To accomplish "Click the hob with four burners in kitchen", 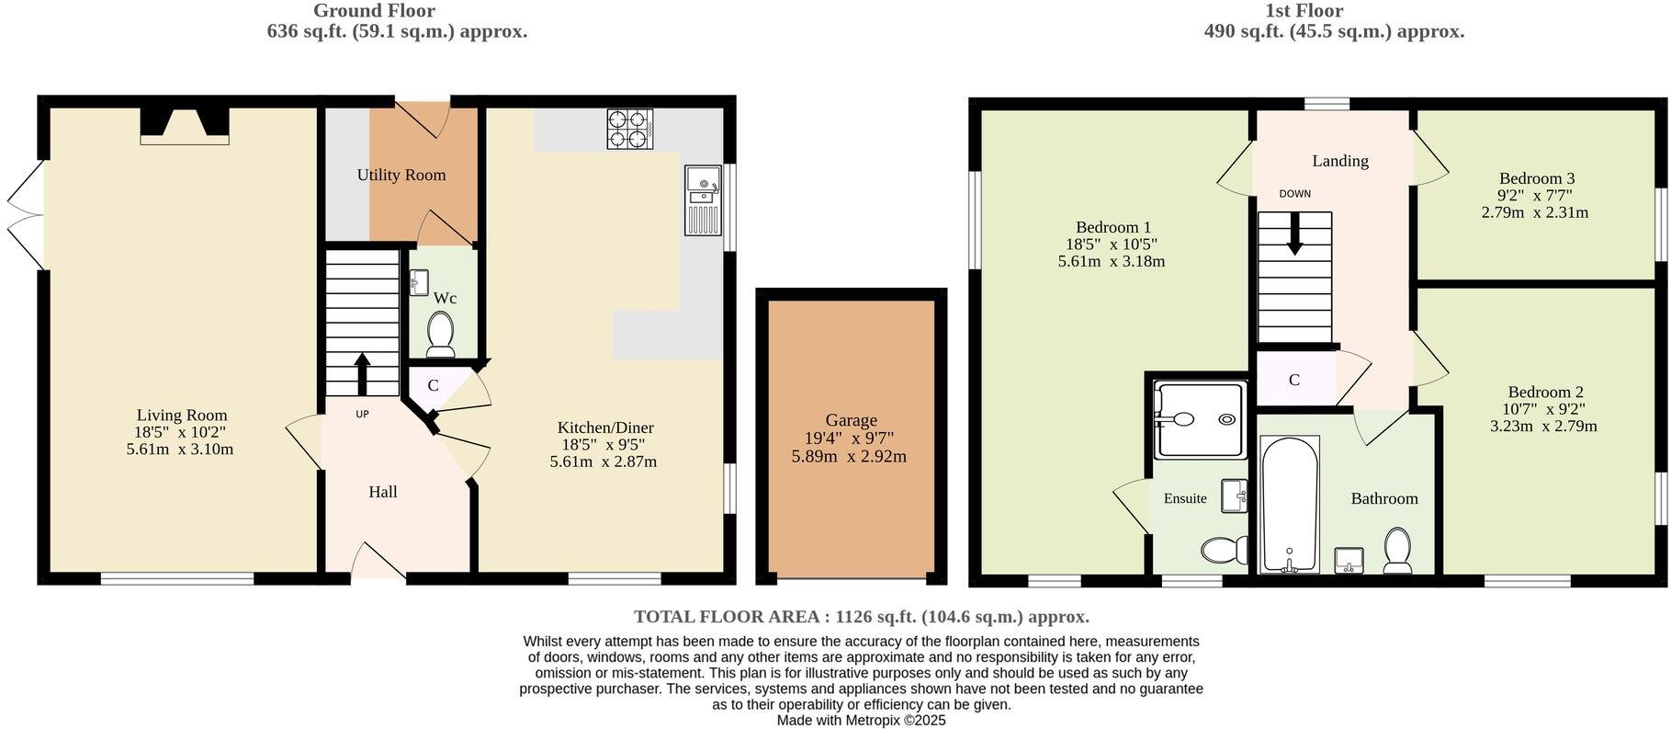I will [x=629, y=129].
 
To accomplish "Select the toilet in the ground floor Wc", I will [x=442, y=334].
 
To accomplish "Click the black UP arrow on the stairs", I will [x=362, y=372].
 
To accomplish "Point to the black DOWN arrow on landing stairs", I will [x=1294, y=234].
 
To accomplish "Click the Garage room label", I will [x=851, y=420].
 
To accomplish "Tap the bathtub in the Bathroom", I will [x=1290, y=504].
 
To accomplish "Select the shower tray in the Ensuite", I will [x=1200, y=419].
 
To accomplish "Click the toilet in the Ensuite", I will [x=1224, y=550].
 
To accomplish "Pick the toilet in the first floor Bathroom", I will [x=1397, y=550].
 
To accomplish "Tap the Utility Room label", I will [x=401, y=175].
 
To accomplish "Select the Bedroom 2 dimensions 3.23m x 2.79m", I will [x=1543, y=426].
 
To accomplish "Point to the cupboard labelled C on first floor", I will [x=1294, y=380].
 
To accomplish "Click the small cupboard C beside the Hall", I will [x=433, y=385].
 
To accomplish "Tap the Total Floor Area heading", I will [x=861, y=617].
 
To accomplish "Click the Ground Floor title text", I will [x=374, y=11].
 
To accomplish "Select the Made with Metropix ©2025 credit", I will [x=861, y=721].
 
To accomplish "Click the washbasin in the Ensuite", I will [x=1234, y=496].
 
